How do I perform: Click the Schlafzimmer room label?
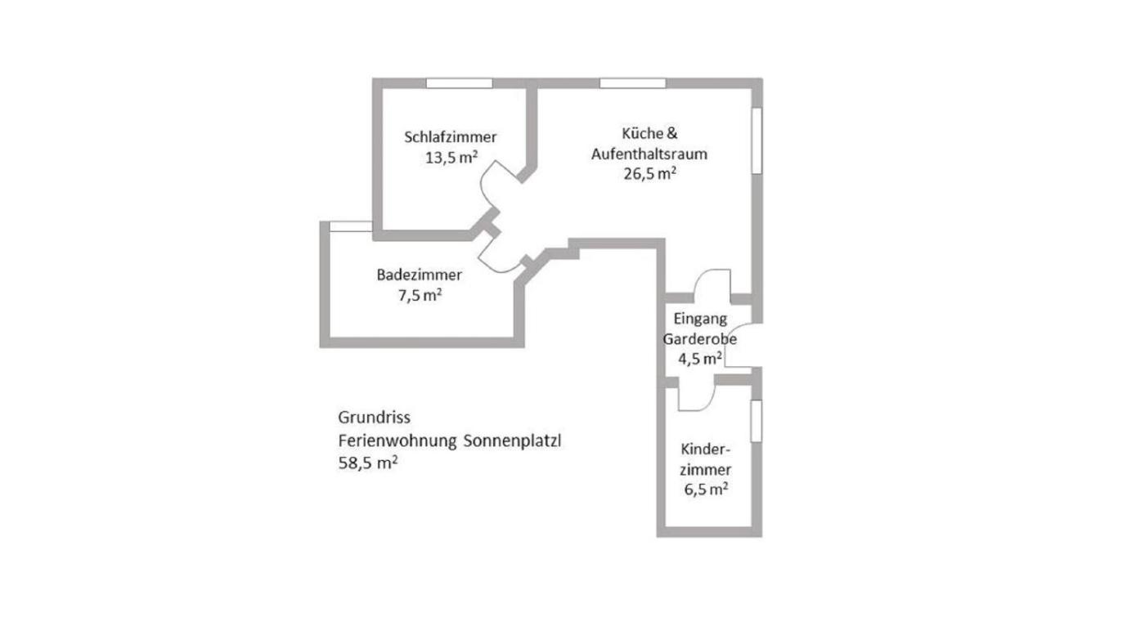click(451, 136)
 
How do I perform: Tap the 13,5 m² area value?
click(451, 157)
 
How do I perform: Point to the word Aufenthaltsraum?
click(649, 154)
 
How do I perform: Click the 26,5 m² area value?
click(649, 173)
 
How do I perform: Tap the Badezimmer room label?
click(419, 275)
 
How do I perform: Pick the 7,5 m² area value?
click(420, 295)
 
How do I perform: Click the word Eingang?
click(700, 320)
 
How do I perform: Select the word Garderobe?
click(700, 339)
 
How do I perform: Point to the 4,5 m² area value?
click(700, 359)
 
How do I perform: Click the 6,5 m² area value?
click(706, 490)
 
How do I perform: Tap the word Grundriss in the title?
click(375, 418)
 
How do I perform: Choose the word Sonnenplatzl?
click(512, 441)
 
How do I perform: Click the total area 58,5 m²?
click(368, 463)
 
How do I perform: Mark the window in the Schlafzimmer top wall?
click(460, 83)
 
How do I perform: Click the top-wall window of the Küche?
click(633, 83)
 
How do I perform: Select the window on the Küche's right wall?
click(757, 141)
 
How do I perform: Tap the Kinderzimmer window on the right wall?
click(756, 421)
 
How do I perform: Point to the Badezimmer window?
click(351, 226)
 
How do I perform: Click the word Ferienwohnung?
click(397, 441)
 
